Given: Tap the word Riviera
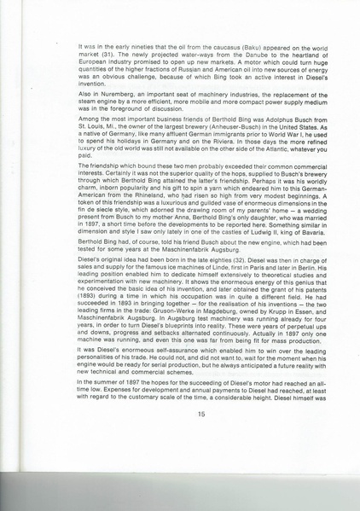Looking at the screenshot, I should (x=219, y=145).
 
